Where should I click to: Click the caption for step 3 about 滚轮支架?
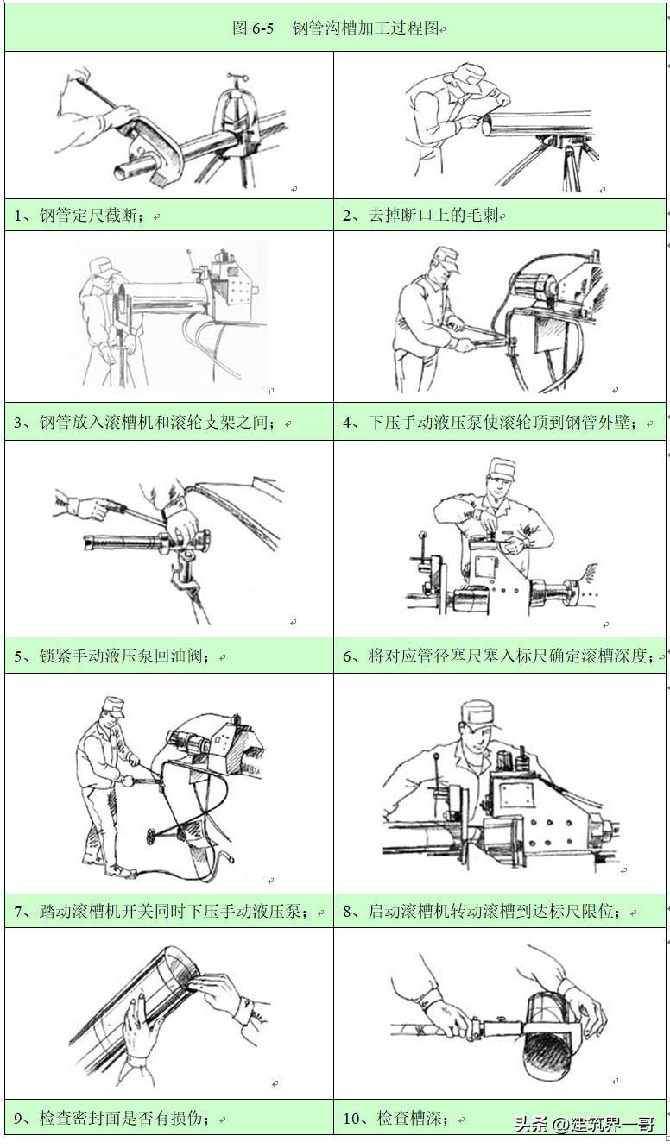152,423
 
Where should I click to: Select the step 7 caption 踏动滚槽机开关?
168,912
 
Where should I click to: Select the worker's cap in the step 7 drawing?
113,705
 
